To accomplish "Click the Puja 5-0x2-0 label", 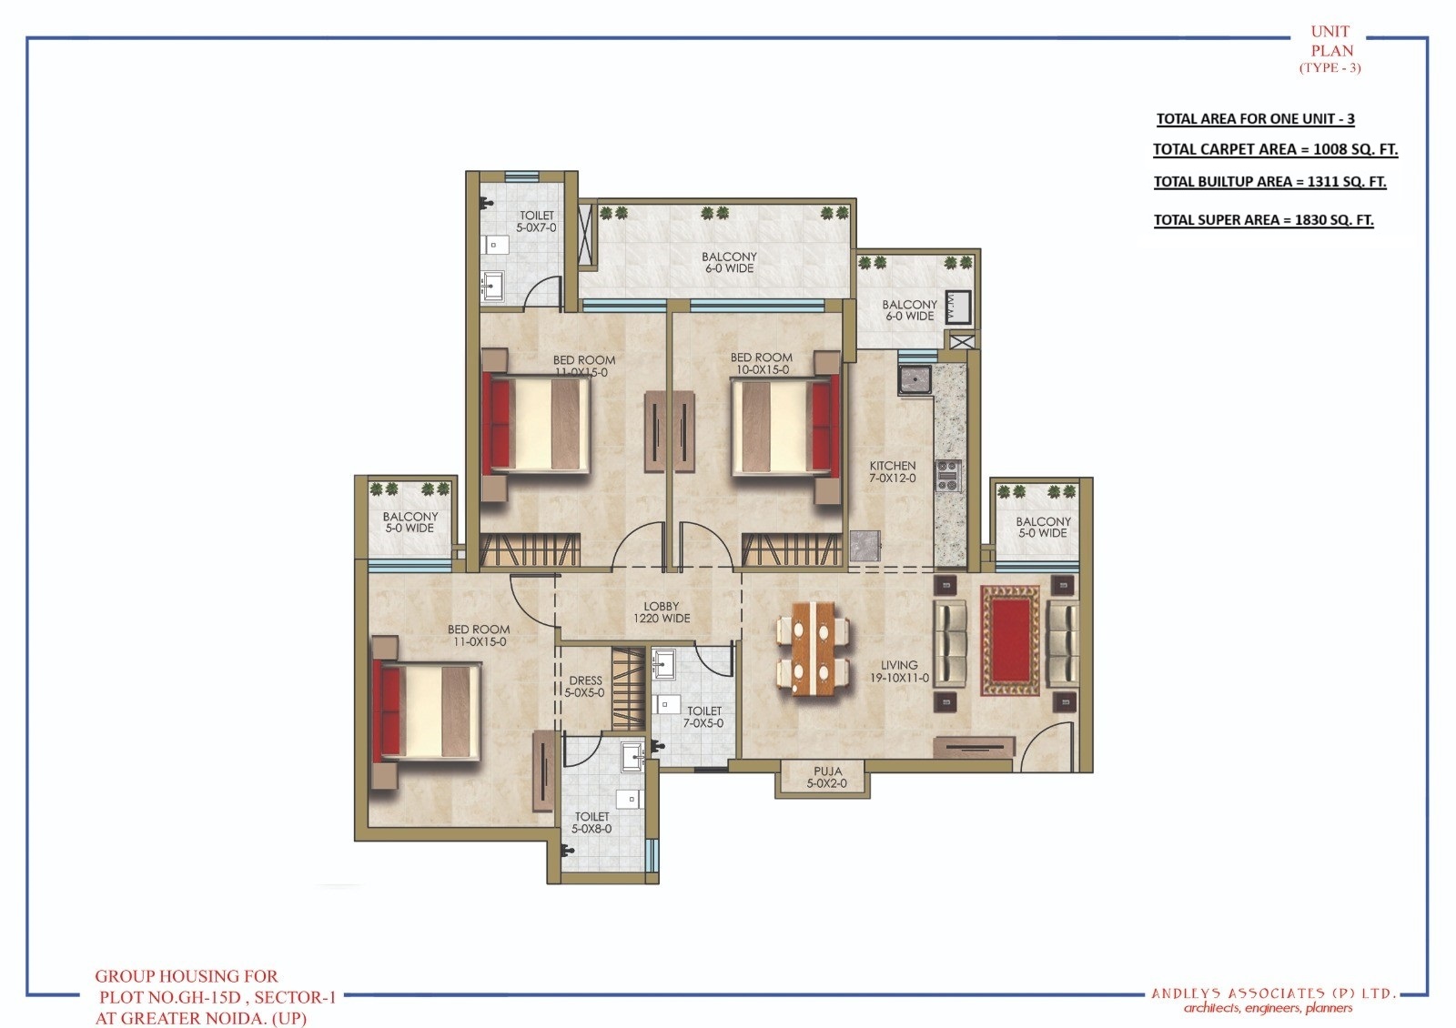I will tap(827, 777).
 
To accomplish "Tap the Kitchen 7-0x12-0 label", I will tap(892, 471).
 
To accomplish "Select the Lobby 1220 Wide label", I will tap(662, 612).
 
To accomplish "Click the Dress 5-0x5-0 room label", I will tap(585, 686).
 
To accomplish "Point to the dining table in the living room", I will tap(814, 648).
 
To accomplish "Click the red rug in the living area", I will tap(1010, 640).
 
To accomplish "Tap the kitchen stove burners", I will tap(949, 476).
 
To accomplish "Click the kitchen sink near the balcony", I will tap(915, 379).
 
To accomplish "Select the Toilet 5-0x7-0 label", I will tap(536, 221).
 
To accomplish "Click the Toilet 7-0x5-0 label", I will tap(703, 717).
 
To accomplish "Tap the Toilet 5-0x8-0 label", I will tap(591, 822).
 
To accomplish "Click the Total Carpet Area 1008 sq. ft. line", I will tap(1275, 149).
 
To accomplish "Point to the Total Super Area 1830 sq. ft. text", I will tap(1263, 219).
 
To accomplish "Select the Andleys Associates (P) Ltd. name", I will tap(1273, 993).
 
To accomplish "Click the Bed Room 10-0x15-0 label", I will tap(761, 363).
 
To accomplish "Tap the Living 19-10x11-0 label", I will tap(899, 671).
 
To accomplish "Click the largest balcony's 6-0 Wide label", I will tap(729, 263).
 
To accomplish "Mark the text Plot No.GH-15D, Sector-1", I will tap(217, 996).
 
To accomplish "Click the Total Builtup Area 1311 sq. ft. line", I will tap(1269, 181).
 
